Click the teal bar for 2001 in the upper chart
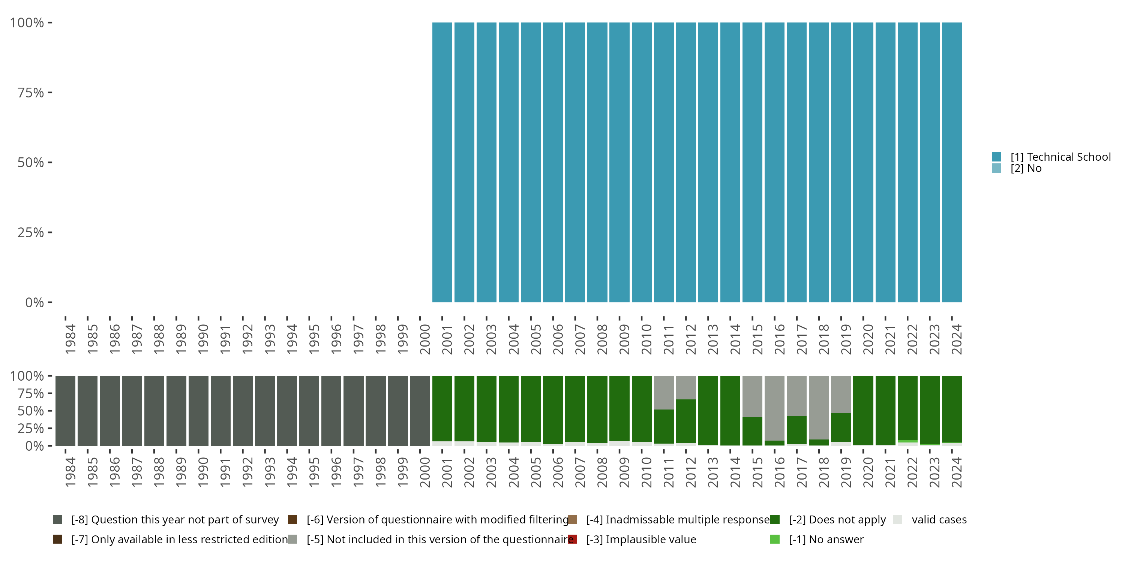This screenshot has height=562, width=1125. [x=442, y=162]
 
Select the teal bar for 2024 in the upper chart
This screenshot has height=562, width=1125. [x=952, y=162]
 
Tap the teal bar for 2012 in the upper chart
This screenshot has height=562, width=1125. [x=685, y=162]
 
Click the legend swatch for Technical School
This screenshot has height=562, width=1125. [x=996, y=157]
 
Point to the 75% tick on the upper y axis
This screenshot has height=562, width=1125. [x=50, y=93]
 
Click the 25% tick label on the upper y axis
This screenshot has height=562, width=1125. [x=31, y=233]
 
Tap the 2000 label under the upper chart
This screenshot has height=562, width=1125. [x=425, y=339]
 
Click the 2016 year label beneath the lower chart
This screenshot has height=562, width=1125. [x=780, y=472]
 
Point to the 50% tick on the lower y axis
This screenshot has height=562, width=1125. [x=50, y=411]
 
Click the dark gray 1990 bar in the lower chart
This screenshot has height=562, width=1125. [x=198, y=411]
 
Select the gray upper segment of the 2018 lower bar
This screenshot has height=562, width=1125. [x=818, y=407]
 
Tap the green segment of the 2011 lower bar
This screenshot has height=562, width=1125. [x=663, y=426]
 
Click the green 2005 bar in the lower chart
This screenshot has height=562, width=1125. [x=531, y=408]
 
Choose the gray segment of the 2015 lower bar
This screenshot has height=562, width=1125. [x=752, y=396]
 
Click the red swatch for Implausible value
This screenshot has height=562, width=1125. [x=572, y=539]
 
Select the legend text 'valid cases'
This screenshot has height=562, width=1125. [x=939, y=520]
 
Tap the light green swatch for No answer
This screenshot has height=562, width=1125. [x=775, y=539]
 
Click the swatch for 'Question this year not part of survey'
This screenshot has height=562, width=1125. [x=57, y=520]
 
